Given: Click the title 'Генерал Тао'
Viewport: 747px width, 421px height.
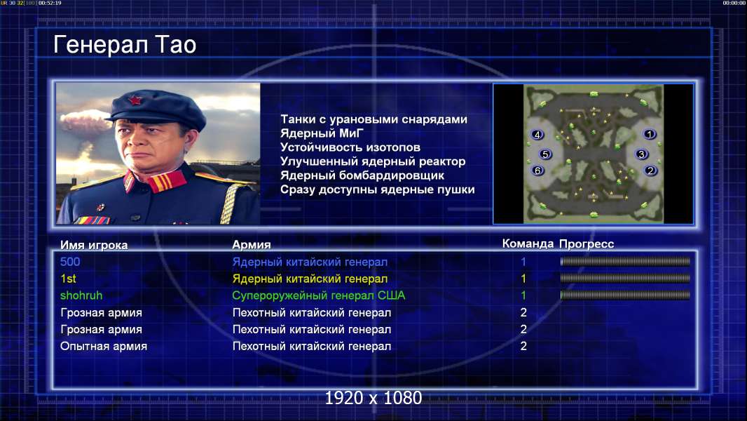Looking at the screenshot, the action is tap(125, 45).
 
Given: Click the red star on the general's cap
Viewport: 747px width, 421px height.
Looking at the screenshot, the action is tap(135, 100).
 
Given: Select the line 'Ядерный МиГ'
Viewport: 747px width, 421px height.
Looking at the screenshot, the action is tap(322, 133).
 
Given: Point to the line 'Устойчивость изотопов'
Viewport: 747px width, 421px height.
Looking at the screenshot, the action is tap(350, 147).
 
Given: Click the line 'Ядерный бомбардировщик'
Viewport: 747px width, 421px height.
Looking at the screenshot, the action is tap(362, 175).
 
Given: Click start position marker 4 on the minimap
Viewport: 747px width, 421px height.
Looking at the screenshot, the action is tap(537, 135).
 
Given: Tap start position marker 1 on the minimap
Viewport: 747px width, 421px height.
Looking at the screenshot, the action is tap(650, 134).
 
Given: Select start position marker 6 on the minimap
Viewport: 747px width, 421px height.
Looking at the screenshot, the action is tap(538, 171).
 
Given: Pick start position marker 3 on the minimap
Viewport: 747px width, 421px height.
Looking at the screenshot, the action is tap(641, 154).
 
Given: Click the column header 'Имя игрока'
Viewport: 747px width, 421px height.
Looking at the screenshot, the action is tap(94, 245).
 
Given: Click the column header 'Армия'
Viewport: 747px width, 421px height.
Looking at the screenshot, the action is tap(252, 245).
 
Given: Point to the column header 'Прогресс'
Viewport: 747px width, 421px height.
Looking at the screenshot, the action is tap(587, 244).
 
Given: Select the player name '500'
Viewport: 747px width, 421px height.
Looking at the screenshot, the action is tap(70, 262).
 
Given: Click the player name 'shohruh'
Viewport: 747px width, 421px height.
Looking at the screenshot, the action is tap(81, 295).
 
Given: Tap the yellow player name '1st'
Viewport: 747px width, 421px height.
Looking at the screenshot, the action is tap(68, 279).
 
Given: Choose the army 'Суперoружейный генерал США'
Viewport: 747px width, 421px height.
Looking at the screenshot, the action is tap(319, 295).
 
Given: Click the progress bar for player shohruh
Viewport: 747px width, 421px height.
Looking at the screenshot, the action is tap(625, 295).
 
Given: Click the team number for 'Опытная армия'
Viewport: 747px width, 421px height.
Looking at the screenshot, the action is tap(523, 346).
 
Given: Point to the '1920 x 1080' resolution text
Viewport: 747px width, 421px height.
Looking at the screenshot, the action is tap(373, 398).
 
